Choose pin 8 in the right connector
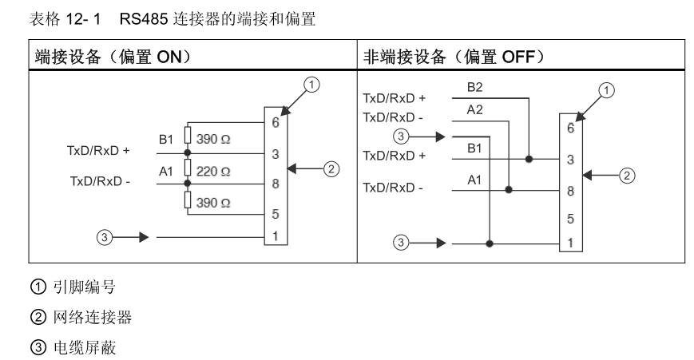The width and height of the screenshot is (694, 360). pos(569,192)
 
